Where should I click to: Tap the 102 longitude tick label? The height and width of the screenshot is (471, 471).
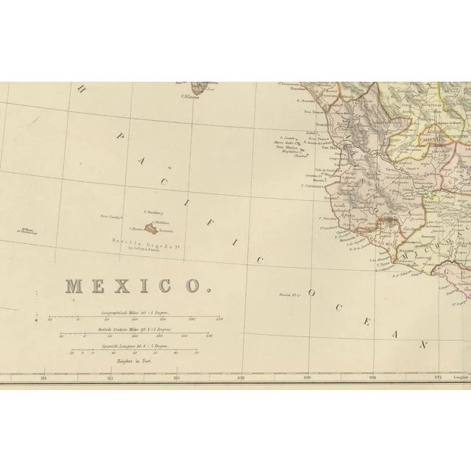(438, 378)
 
